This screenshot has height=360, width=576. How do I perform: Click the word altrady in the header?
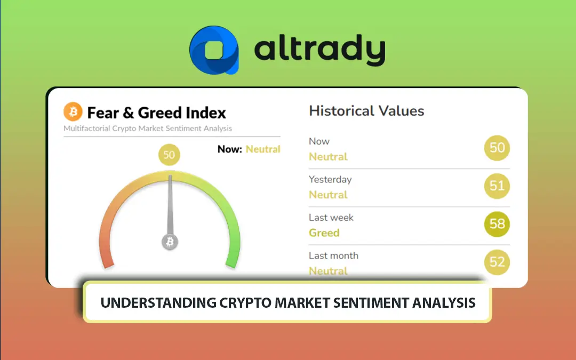click(319, 51)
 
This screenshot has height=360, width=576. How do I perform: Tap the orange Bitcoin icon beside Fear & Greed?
click(73, 112)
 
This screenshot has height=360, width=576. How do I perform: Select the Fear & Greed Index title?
click(156, 113)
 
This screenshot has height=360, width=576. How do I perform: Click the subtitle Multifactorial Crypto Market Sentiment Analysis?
click(148, 129)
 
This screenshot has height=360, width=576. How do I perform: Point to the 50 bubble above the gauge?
click(169, 155)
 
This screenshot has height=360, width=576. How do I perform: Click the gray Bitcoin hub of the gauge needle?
click(170, 242)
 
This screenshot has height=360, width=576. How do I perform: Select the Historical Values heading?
click(366, 111)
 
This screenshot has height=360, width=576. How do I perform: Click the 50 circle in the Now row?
click(497, 148)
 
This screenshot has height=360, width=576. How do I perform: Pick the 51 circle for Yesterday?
click(497, 186)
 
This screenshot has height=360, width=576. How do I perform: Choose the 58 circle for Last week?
click(497, 224)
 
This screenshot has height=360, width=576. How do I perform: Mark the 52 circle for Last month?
click(497, 262)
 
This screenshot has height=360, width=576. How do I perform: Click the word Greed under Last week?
click(324, 233)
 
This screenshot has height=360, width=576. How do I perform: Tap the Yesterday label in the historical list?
click(330, 180)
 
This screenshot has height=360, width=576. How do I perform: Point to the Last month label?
click(333, 256)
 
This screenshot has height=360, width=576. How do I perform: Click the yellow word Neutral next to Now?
click(263, 149)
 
